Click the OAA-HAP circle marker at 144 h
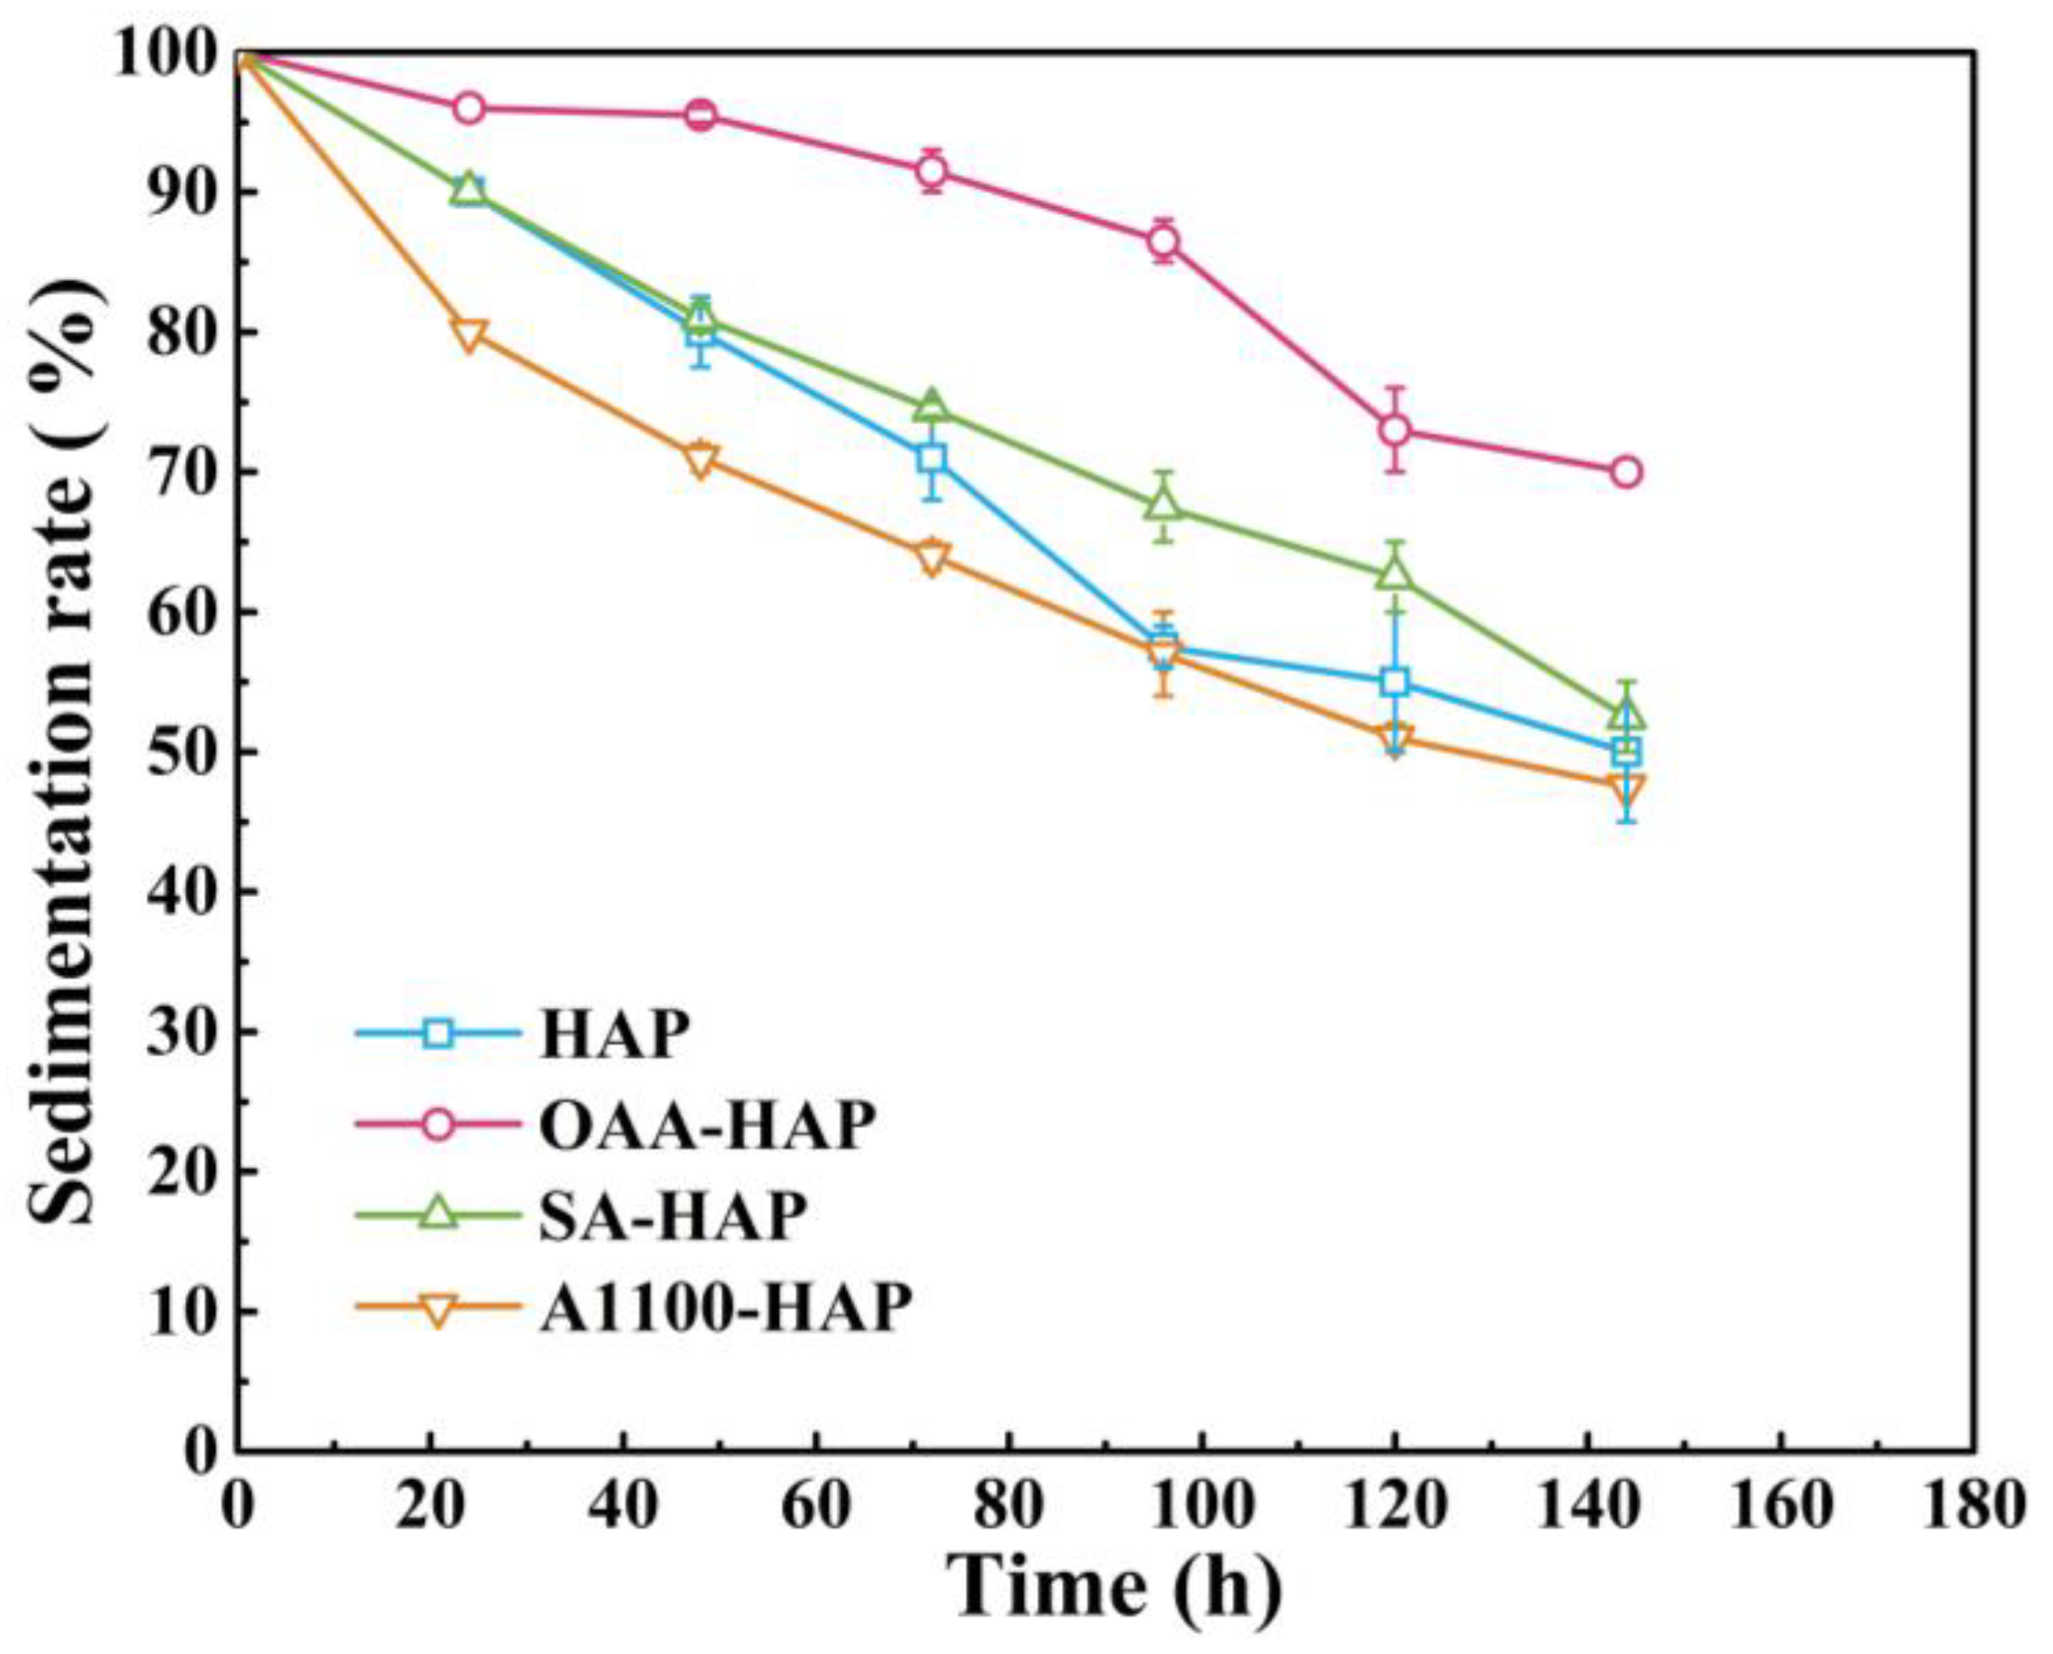[1626, 471]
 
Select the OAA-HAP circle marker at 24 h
[469, 109]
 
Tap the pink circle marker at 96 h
[1163, 241]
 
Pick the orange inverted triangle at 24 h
[469, 334]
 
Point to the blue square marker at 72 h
[932, 459]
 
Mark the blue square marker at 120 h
[1395, 681]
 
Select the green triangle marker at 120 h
[1395, 573]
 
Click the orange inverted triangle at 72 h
[932, 557]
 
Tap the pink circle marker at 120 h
[1395, 429]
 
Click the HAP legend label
[614, 1033]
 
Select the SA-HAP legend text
[673, 1216]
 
